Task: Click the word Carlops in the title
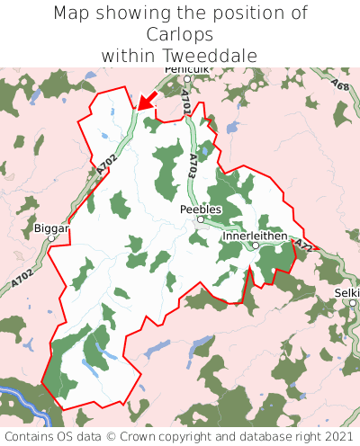click(180, 34)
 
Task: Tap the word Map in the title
click(72, 13)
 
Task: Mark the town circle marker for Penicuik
click(187, 79)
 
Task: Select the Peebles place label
click(200, 209)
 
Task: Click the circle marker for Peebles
click(201, 219)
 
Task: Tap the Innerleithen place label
click(255, 236)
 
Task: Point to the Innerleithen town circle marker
click(256, 245)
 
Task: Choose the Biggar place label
click(50, 228)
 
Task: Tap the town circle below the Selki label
click(353, 303)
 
